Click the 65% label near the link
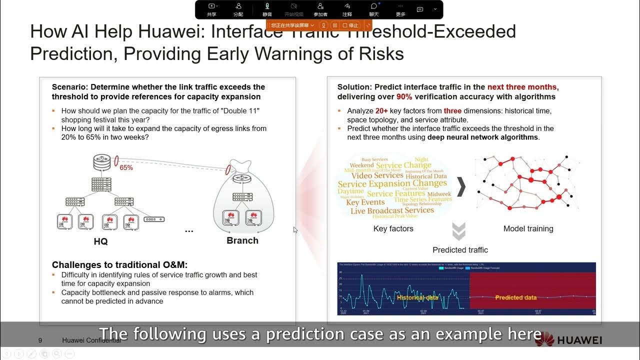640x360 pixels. point(126,168)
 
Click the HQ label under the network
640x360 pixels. point(100,241)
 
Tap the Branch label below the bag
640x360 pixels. point(242,240)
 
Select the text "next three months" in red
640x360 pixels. point(522,87)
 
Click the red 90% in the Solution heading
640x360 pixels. point(404,96)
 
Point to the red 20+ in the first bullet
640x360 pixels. point(382,111)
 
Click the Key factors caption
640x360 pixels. point(393,229)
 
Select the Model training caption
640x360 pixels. point(528,229)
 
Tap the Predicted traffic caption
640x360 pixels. point(460,250)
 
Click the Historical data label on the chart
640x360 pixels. point(417,297)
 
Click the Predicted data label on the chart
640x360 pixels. point(515,297)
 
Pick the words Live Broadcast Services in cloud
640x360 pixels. point(392,210)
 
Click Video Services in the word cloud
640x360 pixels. point(377,175)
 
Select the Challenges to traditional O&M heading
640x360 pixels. point(119,265)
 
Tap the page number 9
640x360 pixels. point(40,340)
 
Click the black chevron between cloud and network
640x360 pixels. point(461,187)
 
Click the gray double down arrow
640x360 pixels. point(458,231)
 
